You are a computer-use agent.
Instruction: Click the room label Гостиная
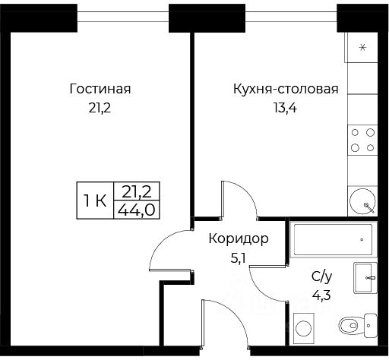[x=100, y=89]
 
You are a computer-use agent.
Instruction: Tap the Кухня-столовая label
[x=286, y=89]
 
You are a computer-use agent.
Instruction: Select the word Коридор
[x=239, y=238]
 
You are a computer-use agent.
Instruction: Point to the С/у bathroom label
[x=321, y=276]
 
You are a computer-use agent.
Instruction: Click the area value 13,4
[x=285, y=108]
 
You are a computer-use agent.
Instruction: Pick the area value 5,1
[x=238, y=259]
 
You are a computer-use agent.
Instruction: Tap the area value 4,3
[x=321, y=295]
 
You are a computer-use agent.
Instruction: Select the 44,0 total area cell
[x=137, y=210]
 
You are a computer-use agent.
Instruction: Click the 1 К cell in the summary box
[x=95, y=201]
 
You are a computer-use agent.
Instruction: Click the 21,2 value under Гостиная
[x=100, y=109]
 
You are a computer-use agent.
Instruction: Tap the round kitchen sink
[x=362, y=201]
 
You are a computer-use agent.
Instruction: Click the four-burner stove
[x=362, y=140]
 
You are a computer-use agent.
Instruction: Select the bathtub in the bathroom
[x=333, y=239]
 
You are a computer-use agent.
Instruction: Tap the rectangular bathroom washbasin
[x=365, y=278]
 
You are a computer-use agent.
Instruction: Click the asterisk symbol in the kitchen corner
[x=363, y=47]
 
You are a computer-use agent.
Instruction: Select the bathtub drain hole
[x=362, y=239]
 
